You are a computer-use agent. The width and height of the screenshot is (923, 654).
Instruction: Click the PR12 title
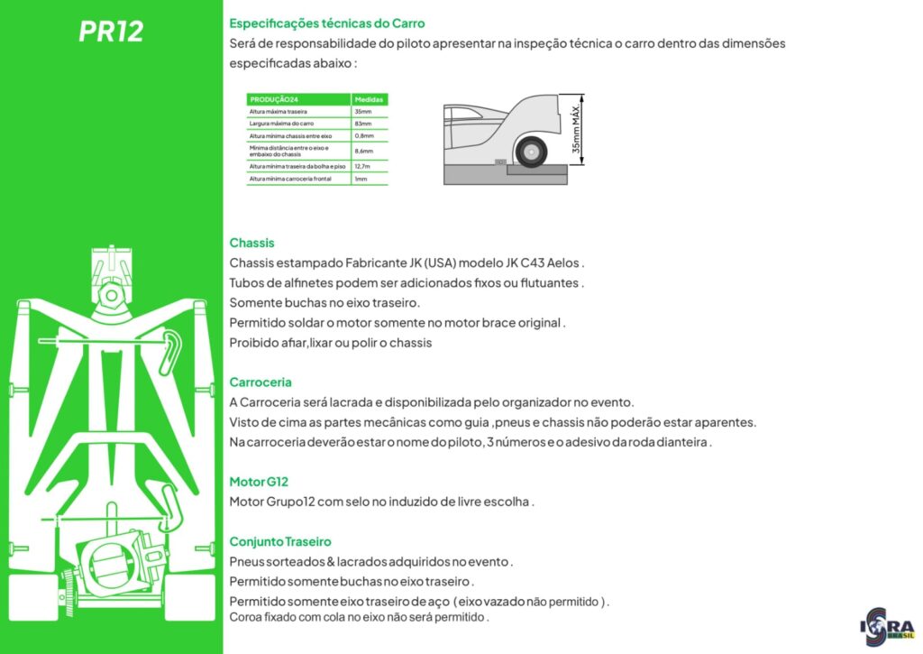[111, 32]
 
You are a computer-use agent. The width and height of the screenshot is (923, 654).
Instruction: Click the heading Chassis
[251, 243]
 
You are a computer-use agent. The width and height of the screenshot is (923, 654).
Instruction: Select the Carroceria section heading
[260, 382]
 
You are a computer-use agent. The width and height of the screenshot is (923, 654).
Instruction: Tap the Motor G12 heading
[259, 482]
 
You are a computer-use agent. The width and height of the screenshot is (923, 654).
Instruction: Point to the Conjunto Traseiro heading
[280, 541]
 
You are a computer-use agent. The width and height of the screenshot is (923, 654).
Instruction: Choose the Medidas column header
[370, 99]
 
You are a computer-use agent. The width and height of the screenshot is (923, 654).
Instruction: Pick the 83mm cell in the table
[363, 123]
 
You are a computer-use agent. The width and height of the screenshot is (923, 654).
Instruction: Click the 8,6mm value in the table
[364, 151]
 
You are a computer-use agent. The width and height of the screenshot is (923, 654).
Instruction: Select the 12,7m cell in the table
[364, 166]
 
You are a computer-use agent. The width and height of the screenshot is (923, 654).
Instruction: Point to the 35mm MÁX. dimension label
[576, 129]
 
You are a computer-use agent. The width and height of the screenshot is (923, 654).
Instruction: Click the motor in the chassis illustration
[113, 564]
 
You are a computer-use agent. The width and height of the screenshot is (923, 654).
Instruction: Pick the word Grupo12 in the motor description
[291, 502]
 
